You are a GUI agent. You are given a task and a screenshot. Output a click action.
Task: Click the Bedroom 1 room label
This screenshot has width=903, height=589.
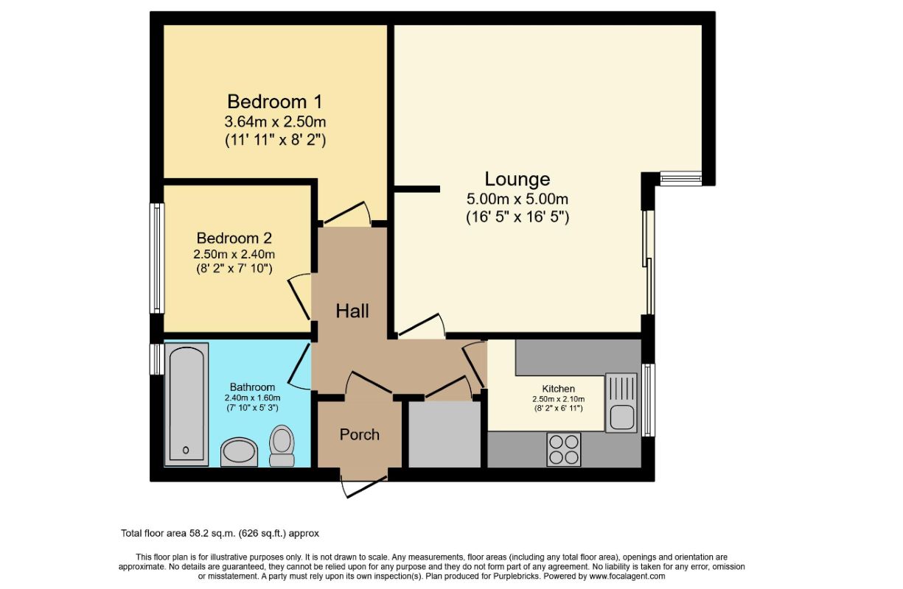pyautogui.click(x=274, y=102)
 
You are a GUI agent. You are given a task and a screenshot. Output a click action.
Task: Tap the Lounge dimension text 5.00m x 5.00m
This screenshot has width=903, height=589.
pyautogui.click(x=517, y=199)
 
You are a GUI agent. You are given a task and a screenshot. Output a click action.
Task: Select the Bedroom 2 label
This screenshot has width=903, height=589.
pyautogui.click(x=234, y=238)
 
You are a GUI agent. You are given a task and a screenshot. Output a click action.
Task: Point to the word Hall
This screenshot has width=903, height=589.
pyautogui.click(x=352, y=311)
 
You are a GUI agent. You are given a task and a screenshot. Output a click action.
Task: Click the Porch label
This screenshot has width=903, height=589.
pyautogui.click(x=359, y=434)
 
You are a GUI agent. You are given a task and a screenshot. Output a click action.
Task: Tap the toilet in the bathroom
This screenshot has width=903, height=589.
pyautogui.click(x=282, y=445)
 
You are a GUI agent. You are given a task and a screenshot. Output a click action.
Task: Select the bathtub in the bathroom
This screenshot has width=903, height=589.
pyautogui.click(x=186, y=404)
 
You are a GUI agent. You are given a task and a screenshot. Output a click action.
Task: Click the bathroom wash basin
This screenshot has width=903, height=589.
pyautogui.click(x=239, y=452)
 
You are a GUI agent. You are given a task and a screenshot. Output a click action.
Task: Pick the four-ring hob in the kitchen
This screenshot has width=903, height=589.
pyautogui.click(x=564, y=449)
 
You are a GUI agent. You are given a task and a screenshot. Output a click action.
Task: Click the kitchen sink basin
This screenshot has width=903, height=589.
pyautogui.click(x=621, y=417)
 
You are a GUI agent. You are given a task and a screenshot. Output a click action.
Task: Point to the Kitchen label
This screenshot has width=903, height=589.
pyautogui.click(x=558, y=389)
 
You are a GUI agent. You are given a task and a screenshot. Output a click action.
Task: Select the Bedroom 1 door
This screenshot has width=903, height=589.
pyautogui.click(x=347, y=213)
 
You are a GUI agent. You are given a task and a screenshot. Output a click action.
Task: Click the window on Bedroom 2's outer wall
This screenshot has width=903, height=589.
pyautogui.click(x=157, y=258)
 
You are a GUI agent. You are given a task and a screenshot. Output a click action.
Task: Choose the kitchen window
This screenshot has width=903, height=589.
pyautogui.click(x=648, y=401)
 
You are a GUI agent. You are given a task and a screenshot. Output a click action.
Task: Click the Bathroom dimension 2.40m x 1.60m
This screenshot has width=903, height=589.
pyautogui.click(x=252, y=398)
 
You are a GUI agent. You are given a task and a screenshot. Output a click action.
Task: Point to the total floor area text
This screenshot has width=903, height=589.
pyautogui.click(x=220, y=534)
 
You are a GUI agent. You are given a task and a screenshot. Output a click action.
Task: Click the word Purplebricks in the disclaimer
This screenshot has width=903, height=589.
pyautogui.click(x=516, y=576)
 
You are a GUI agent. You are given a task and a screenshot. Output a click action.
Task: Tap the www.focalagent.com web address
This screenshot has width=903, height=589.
pyautogui.click(x=627, y=576)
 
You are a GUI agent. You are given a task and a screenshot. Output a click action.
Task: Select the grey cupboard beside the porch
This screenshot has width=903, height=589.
pyautogui.click(x=444, y=434)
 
